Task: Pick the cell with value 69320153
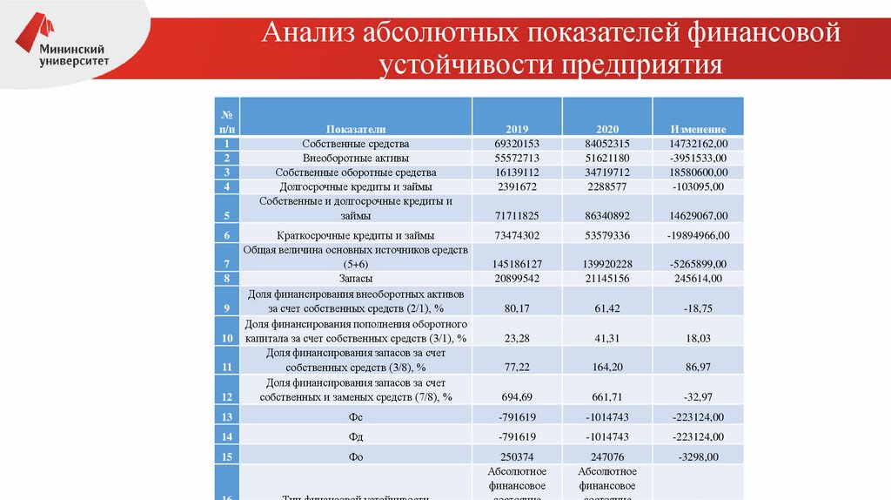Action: [517, 144]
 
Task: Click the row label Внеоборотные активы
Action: [356, 159]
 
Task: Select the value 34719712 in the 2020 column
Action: [606, 172]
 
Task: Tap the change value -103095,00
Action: [698, 186]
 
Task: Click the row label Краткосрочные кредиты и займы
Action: [356, 235]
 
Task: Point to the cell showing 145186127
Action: [517, 263]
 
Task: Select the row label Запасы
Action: [356, 279]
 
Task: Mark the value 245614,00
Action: [698, 279]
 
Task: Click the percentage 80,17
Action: [517, 307]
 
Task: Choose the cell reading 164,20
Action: [606, 368]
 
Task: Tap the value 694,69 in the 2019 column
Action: [517, 397]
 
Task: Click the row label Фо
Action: [356, 456]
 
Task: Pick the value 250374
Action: [517, 456]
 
